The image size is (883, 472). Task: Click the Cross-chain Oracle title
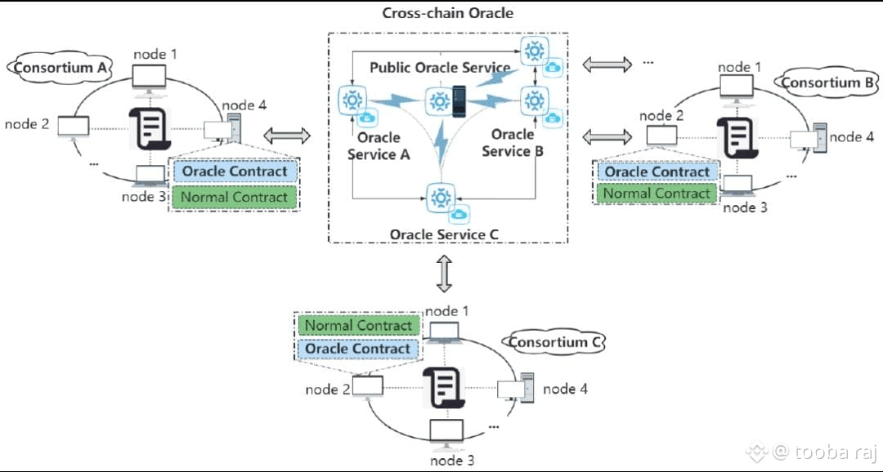447,13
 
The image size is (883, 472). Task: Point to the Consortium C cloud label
556,342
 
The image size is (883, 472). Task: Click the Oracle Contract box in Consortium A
235,171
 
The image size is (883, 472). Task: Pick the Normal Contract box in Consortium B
657,194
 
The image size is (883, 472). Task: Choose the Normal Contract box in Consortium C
358,325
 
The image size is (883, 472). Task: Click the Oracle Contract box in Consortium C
358,349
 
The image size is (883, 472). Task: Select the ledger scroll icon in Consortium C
445,387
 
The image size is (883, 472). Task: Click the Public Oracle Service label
440,67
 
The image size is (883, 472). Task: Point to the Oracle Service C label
444,234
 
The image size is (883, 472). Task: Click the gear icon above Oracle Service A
352,100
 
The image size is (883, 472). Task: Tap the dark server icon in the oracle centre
459,101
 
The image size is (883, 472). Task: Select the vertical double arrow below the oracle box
444,273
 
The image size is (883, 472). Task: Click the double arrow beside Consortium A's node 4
287,136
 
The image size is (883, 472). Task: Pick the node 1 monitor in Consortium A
149,78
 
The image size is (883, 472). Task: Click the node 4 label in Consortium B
845,136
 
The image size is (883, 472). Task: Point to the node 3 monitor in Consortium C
446,431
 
